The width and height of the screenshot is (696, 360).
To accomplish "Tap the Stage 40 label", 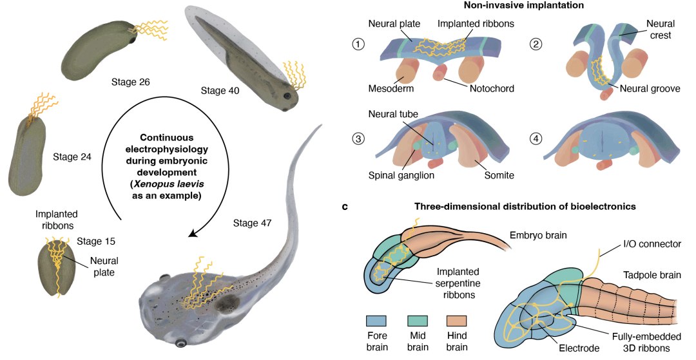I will tap(220, 91).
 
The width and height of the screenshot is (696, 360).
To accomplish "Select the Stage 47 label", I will tap(252, 223).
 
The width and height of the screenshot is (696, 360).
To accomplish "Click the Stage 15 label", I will tap(97, 242).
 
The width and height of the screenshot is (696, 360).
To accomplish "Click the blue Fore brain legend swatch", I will tap(376, 321).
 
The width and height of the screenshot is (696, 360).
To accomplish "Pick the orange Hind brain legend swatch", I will tap(456, 321).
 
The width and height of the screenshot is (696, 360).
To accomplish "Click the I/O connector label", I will tap(652, 245).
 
